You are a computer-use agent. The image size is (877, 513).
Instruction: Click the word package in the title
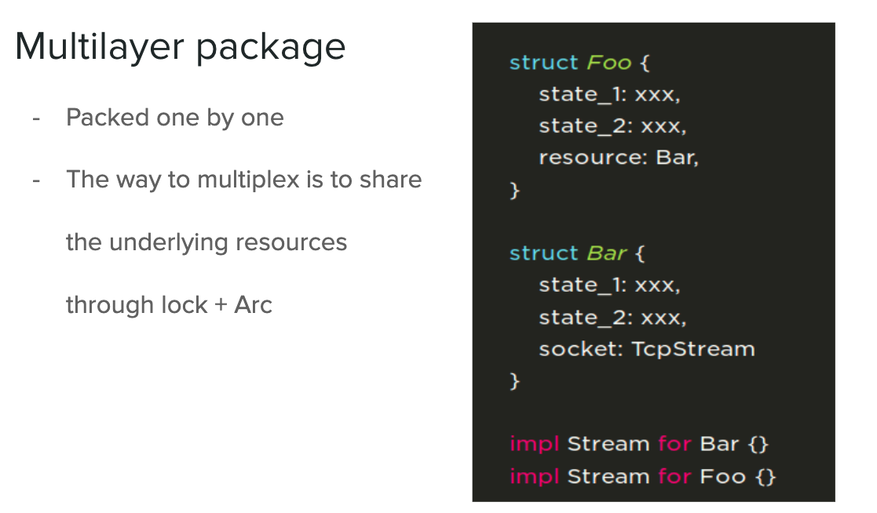271,49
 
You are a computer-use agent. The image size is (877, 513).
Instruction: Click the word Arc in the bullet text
253,304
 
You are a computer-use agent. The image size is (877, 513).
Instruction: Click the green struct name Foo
609,63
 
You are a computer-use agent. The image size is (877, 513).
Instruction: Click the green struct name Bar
606,253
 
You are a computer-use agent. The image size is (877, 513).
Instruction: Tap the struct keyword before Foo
543,63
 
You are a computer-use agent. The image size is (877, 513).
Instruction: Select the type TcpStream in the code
693,349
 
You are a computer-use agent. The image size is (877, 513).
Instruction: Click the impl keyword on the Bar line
534,444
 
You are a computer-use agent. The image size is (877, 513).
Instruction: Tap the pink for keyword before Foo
674,476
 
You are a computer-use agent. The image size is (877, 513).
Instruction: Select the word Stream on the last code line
608,476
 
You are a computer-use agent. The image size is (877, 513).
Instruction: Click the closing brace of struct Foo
515,190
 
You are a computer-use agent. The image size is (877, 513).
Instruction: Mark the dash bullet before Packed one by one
36,118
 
